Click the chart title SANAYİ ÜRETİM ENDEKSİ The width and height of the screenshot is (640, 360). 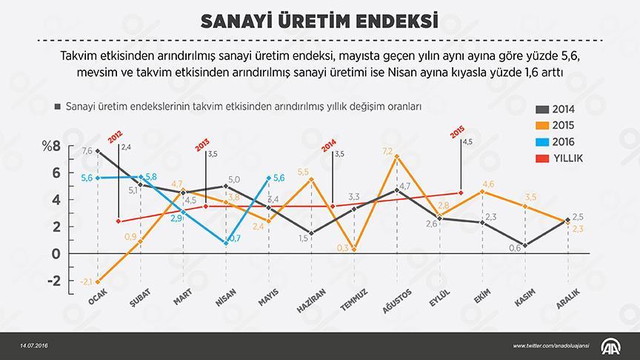point(319,20)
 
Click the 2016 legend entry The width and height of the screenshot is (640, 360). point(558,141)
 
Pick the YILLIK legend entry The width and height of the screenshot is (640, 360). point(561,158)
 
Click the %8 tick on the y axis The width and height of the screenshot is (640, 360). point(51,145)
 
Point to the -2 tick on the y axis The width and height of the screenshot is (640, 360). point(53,281)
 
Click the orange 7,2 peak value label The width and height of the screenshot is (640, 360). point(387,151)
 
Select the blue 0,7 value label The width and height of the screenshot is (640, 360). point(235,238)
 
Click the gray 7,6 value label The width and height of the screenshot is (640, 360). point(87,151)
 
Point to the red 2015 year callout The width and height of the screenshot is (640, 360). point(456,134)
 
